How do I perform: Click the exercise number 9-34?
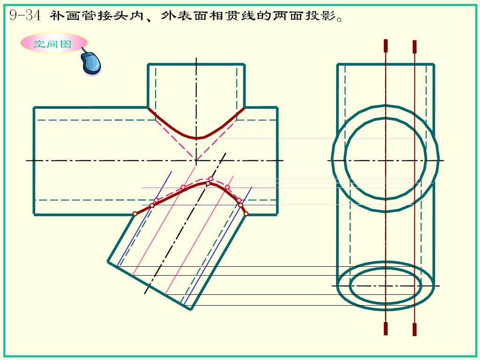pyautogui.click(x=25, y=15)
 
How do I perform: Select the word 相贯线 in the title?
pyautogui.click(x=233, y=15)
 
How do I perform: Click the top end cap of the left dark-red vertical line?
pyautogui.click(x=386, y=45)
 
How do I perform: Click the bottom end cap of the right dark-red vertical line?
pyautogui.click(x=414, y=330)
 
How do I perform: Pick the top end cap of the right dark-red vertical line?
pyautogui.click(x=414, y=46)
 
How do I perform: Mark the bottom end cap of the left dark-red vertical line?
pyautogui.click(x=386, y=329)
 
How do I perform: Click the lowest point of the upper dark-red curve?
pyautogui.click(x=196, y=138)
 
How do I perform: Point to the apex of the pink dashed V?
pyautogui.click(x=196, y=160)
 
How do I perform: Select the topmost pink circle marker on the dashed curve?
pyautogui.click(x=210, y=179)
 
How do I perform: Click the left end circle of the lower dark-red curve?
pyautogui.click(x=135, y=214)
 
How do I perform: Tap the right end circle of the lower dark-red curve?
pyautogui.click(x=246, y=214)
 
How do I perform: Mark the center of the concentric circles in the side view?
pyautogui.click(x=385, y=160)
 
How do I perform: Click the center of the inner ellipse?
pyautogui.click(x=385, y=285)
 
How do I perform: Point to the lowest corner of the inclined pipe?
pyautogui.click(x=191, y=309)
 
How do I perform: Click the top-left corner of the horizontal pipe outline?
pyautogui.click(x=34, y=107)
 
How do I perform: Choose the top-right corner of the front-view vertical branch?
pyautogui.click(x=245, y=64)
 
